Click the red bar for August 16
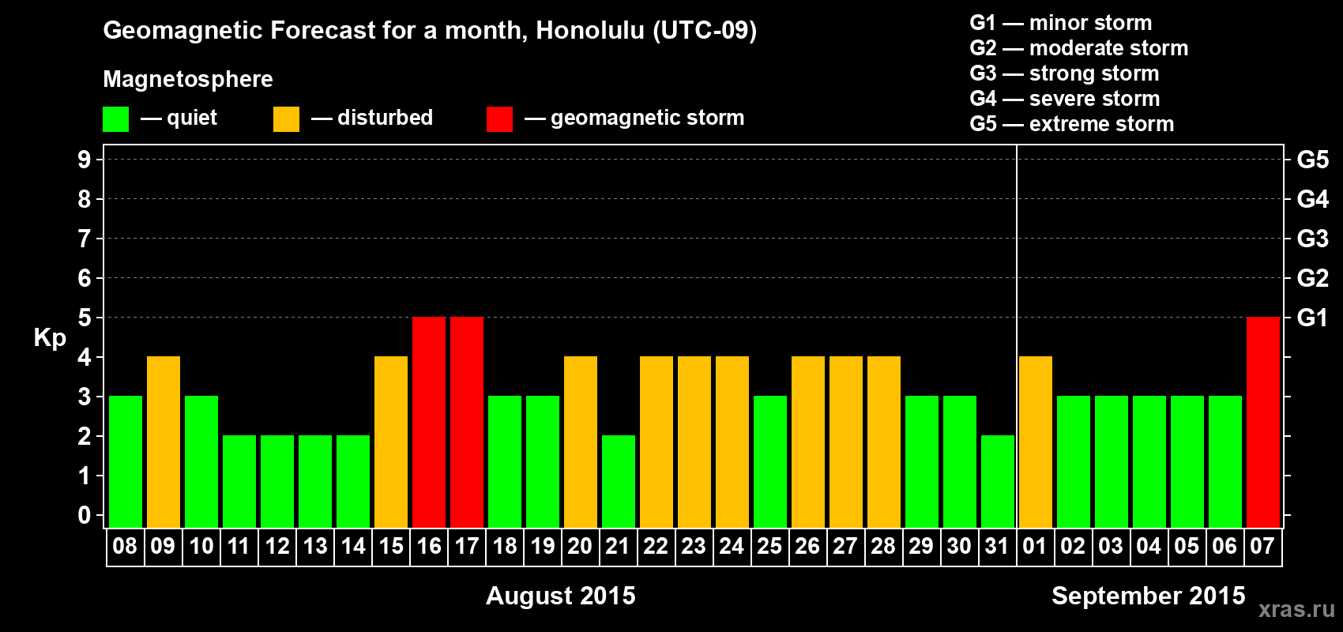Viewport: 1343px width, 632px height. (x=429, y=422)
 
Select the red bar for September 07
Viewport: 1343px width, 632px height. (x=1263, y=422)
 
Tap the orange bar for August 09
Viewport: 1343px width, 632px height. (x=164, y=442)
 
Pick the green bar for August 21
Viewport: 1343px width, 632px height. (x=619, y=481)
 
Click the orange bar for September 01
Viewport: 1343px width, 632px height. (x=1036, y=442)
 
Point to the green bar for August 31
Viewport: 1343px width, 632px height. (x=998, y=481)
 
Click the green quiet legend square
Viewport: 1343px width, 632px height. (x=115, y=118)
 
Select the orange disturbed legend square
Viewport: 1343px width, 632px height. (x=286, y=118)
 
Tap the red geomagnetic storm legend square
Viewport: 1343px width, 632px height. (x=499, y=118)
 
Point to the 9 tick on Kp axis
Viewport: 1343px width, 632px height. (x=84, y=160)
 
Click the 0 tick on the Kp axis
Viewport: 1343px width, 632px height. (x=84, y=515)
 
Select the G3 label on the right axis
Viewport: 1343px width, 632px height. (x=1312, y=239)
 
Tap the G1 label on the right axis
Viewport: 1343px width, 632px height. (x=1312, y=318)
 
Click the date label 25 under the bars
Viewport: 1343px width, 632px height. (x=769, y=546)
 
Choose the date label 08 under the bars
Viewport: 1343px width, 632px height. (x=126, y=546)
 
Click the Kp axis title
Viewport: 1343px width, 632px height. (x=50, y=338)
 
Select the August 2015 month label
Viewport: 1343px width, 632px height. (x=561, y=596)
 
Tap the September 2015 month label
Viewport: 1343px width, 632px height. (x=1148, y=596)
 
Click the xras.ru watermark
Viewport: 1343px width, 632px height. (x=1296, y=610)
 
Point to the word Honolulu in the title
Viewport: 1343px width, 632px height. (x=590, y=30)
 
